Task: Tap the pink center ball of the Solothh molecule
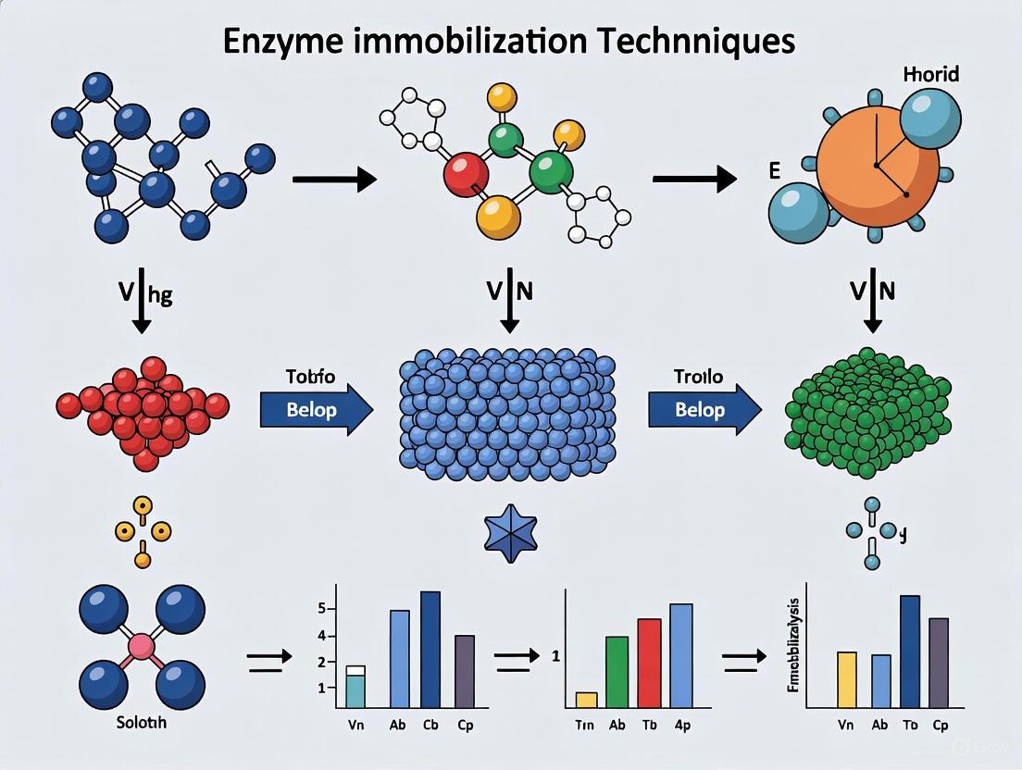142,647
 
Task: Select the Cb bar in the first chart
430,650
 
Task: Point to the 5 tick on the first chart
321,609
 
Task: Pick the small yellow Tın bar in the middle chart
586,699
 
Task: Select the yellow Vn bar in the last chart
846,679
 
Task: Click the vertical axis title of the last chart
794,646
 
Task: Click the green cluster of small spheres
842,412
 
